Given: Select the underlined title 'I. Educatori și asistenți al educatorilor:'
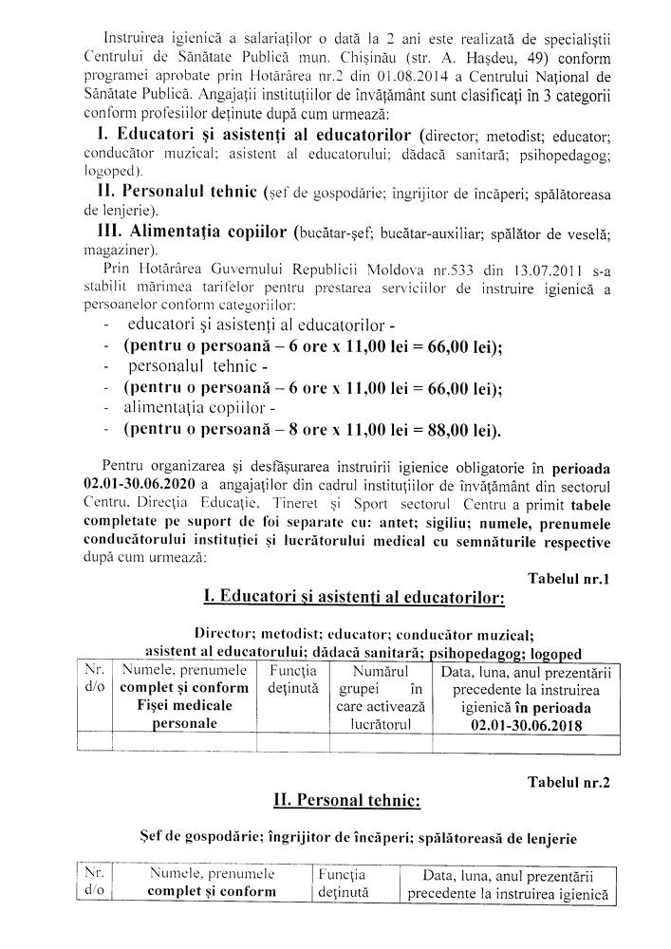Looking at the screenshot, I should (x=353, y=598).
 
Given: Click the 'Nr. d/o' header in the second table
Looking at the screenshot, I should (x=92, y=882).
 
